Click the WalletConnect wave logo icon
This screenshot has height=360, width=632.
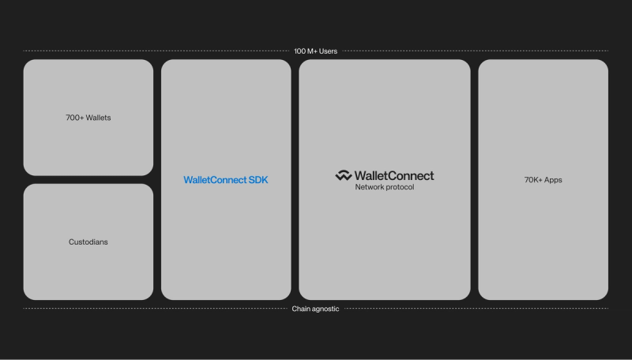click(343, 175)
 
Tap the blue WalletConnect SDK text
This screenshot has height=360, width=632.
click(226, 180)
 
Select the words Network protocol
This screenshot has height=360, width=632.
click(385, 187)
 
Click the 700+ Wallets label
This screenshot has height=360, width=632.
click(88, 118)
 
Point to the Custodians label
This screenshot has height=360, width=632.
click(88, 242)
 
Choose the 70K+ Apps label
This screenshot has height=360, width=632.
click(544, 180)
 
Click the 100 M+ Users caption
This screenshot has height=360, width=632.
click(316, 51)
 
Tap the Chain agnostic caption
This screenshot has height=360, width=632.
click(316, 309)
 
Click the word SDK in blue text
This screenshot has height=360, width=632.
click(258, 180)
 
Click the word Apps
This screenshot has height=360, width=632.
click(553, 180)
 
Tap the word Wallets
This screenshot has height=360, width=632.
click(98, 118)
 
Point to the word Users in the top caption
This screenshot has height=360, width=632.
click(328, 51)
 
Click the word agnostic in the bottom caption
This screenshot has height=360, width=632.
click(325, 309)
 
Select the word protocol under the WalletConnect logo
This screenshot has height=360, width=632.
click(400, 187)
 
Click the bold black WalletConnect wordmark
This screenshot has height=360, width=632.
click(394, 175)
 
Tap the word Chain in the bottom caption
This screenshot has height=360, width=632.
click(301, 309)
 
